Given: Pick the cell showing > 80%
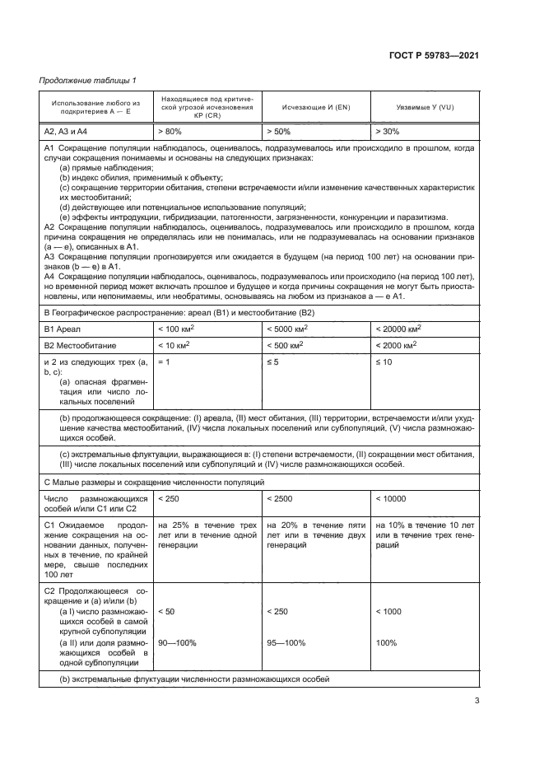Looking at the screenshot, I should [x=170, y=131].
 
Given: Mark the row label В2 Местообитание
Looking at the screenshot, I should [x=80, y=345].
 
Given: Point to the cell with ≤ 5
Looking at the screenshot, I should [x=272, y=362].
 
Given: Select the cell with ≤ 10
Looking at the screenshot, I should [x=384, y=362].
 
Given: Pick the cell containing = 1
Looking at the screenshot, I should [x=164, y=362].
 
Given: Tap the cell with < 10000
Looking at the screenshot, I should [x=392, y=498].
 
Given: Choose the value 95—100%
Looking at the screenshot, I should [x=285, y=642].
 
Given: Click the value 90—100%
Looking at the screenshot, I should [x=177, y=642].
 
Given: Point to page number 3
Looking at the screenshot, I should [x=477, y=702].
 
